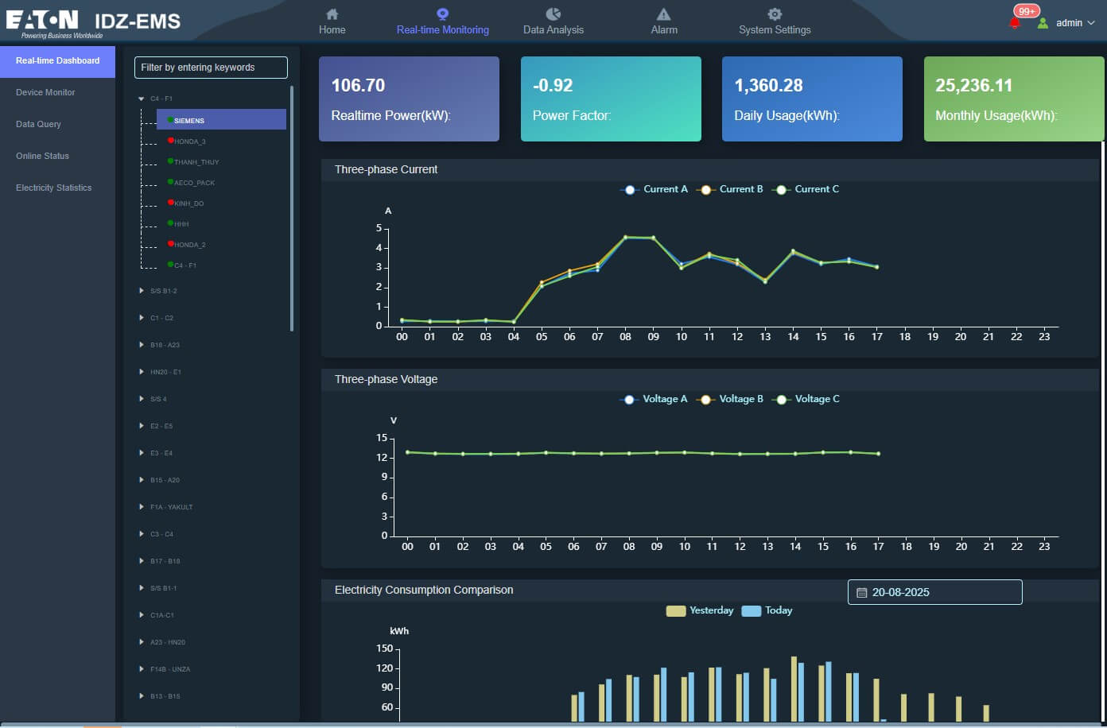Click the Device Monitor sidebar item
(45, 92)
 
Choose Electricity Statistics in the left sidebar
(53, 188)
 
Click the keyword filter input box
(211, 68)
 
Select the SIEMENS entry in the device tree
(189, 121)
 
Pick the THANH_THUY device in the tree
(196, 162)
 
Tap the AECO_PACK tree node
(194, 183)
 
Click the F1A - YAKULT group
(171, 507)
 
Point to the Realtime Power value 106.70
(358, 85)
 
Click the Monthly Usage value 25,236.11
(973, 85)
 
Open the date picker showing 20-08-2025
(934, 592)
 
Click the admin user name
(1069, 23)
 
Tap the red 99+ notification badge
(1026, 11)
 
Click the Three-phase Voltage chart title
(386, 379)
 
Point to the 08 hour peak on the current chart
(625, 237)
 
